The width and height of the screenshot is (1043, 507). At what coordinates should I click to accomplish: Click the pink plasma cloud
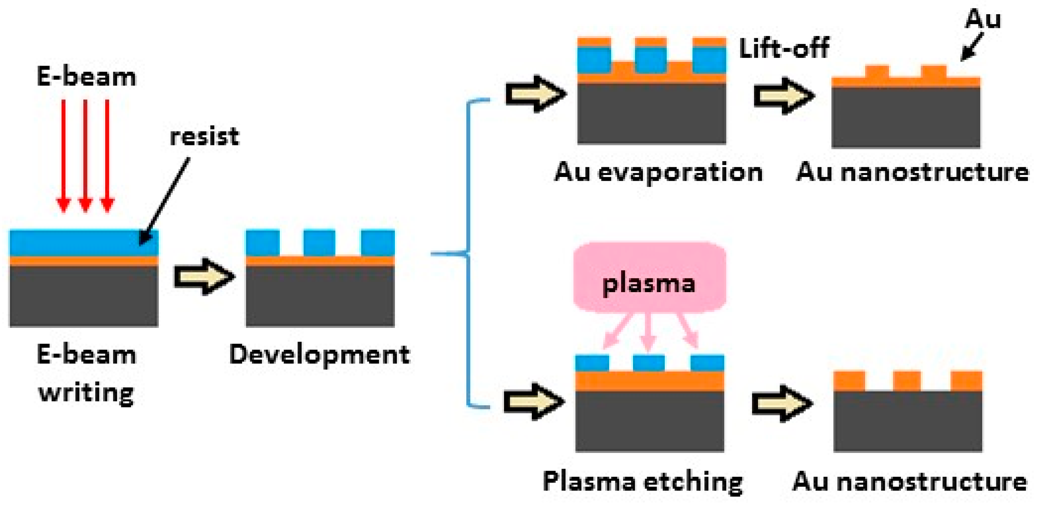click(649, 277)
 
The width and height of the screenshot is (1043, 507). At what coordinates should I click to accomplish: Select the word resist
click(205, 136)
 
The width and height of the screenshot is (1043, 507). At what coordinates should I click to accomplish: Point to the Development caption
click(319, 355)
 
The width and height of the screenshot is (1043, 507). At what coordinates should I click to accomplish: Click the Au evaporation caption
click(658, 172)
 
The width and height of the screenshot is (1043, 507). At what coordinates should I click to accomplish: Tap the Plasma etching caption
click(643, 482)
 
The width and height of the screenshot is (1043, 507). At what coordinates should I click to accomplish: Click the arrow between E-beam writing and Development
click(204, 277)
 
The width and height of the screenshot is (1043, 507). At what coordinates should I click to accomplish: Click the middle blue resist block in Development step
click(319, 243)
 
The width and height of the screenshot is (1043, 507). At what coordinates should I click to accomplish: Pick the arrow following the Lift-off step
click(783, 96)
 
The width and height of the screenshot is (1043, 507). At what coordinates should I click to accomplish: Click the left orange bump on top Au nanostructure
click(877, 72)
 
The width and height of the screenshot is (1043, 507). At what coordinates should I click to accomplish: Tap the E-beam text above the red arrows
click(86, 77)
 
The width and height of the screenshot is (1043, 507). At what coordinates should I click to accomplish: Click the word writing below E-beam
click(86, 393)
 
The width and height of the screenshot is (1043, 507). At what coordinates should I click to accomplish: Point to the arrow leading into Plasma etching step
click(534, 401)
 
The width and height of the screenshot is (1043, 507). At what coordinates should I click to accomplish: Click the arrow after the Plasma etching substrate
click(782, 403)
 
